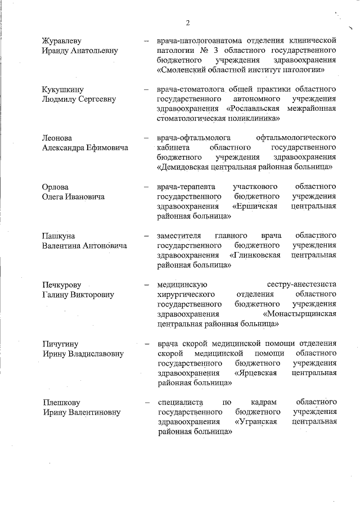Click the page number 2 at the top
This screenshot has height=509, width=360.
[x=188, y=22]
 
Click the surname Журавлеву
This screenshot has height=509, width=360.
[x=61, y=41]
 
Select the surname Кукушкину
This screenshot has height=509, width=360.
[x=61, y=90]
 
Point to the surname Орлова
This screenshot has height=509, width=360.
[x=56, y=186]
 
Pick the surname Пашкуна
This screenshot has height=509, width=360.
[x=58, y=235]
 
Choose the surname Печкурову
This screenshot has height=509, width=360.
[x=62, y=285]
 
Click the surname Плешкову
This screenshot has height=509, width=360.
[x=61, y=402]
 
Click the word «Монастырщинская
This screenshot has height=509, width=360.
[x=300, y=314]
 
